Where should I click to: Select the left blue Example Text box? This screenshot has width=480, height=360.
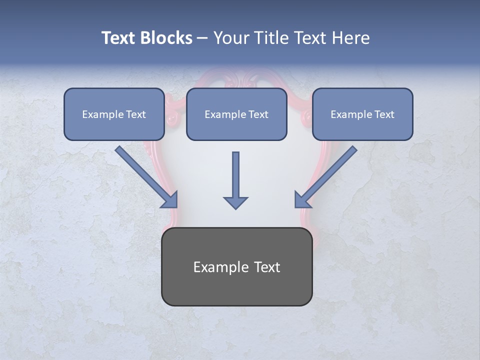pos(114,114)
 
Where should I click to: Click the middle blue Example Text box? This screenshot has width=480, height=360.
pos(236,114)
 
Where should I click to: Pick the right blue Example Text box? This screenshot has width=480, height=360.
pos(362,114)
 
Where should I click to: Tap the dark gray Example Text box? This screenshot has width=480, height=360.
pos(237,266)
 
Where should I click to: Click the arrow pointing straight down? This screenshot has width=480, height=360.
pos(235,177)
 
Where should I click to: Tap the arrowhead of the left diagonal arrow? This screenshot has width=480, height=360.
pos(170,200)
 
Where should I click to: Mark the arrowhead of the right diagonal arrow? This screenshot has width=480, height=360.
pos(301,199)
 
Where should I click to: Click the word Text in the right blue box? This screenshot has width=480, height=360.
pos(384,114)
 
